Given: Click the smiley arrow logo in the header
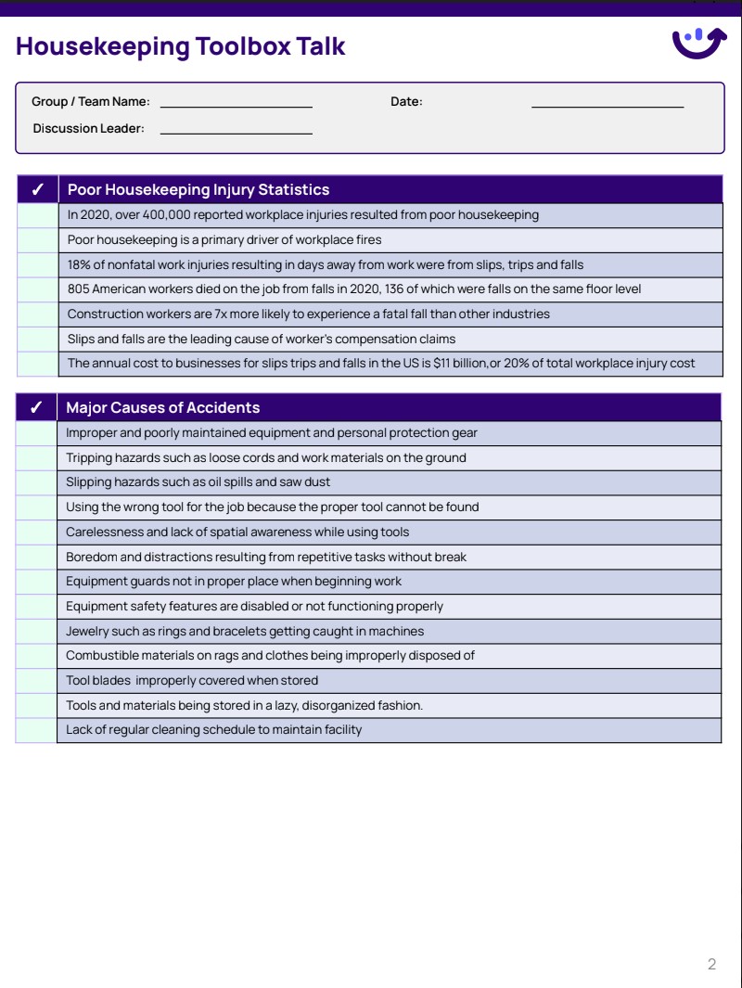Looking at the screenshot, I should point(698,43).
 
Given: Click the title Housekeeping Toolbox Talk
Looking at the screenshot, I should point(181,46).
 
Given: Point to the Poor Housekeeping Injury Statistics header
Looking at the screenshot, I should point(198,189).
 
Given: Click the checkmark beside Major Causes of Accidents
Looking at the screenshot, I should point(36,408).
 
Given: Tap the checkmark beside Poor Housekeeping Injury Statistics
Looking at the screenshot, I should point(37,190).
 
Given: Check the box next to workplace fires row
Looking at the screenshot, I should point(37,240).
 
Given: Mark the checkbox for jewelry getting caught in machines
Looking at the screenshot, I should point(36,632).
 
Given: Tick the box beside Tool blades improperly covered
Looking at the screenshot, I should point(36,681).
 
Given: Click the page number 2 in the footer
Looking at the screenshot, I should point(711,964).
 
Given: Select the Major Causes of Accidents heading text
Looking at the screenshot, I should point(163,408).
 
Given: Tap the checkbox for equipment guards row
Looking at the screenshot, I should point(36,582).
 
